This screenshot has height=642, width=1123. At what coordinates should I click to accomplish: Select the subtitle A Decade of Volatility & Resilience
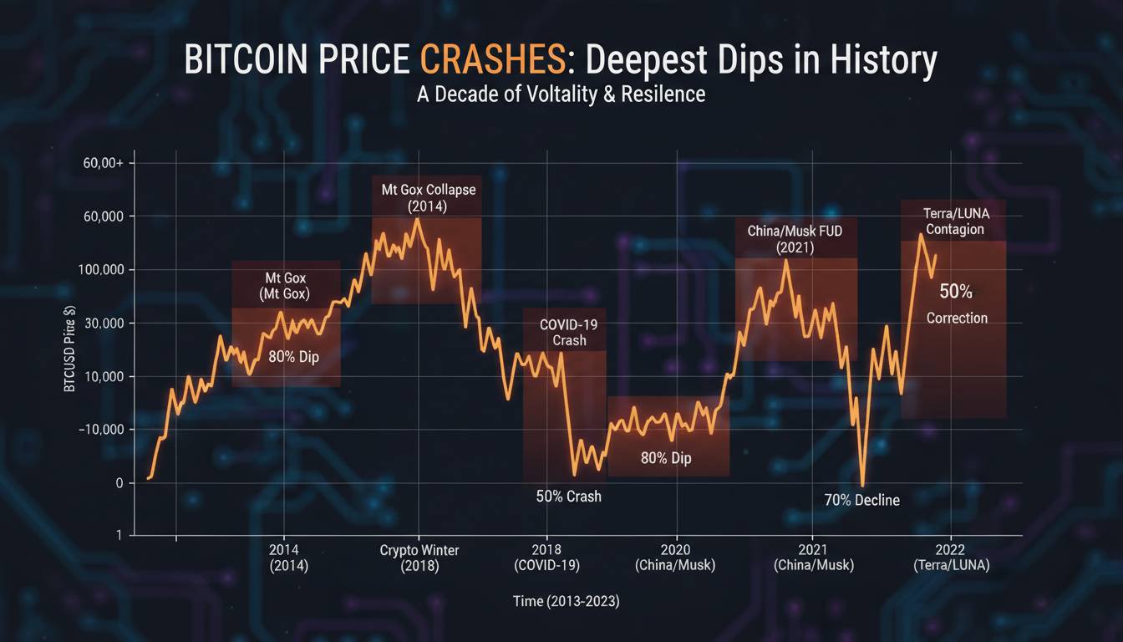click(561, 94)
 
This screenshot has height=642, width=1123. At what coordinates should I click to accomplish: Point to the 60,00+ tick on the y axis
click(103, 163)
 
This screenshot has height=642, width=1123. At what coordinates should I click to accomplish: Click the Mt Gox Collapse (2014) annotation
click(428, 198)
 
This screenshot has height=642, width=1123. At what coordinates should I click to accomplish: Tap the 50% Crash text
click(568, 497)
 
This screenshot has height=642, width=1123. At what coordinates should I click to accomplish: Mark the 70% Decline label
click(861, 500)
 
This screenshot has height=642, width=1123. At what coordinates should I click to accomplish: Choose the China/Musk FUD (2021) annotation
click(795, 238)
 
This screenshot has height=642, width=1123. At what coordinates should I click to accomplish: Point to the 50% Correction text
click(957, 303)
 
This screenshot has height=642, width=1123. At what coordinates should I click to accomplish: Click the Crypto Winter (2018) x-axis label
click(419, 558)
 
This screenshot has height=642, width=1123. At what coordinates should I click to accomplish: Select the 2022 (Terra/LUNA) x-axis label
click(951, 558)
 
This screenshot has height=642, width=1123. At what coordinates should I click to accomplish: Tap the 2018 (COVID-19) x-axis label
click(546, 558)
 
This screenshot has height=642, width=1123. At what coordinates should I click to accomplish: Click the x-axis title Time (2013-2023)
click(561, 601)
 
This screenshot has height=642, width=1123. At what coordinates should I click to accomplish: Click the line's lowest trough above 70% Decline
click(862, 484)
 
